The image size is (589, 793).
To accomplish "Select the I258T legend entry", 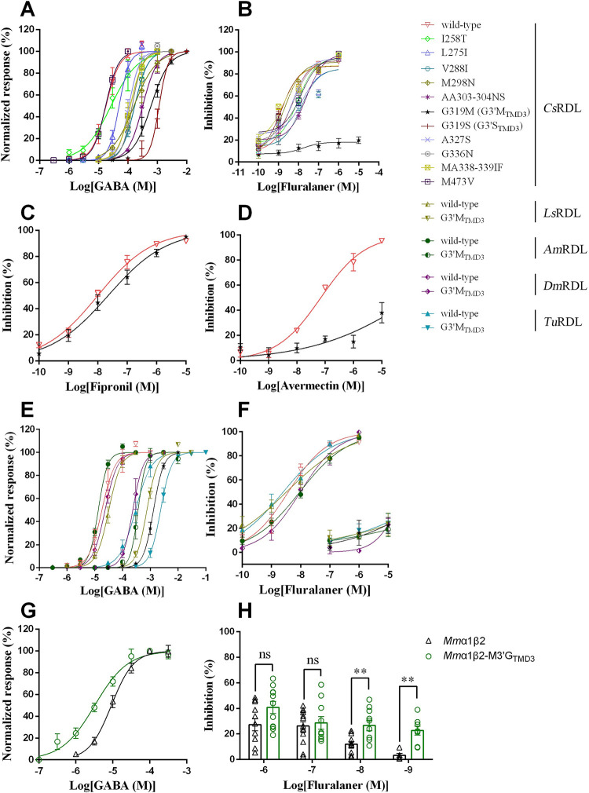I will (447, 39).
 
